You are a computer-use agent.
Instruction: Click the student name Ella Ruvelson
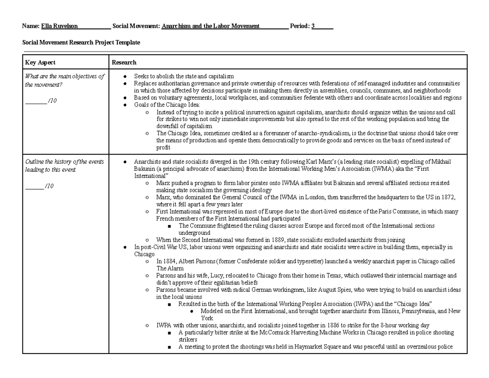coord(59,26)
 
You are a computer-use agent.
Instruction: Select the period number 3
coord(313,26)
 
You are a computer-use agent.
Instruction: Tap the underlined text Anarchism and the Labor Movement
coord(210,26)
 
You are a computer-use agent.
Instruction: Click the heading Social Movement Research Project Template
coord(81,42)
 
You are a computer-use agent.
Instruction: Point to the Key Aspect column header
coord(40,62)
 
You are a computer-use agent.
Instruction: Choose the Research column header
coord(124,62)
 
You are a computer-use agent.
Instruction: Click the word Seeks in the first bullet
coord(141,76)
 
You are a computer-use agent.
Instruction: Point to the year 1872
coord(449,197)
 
